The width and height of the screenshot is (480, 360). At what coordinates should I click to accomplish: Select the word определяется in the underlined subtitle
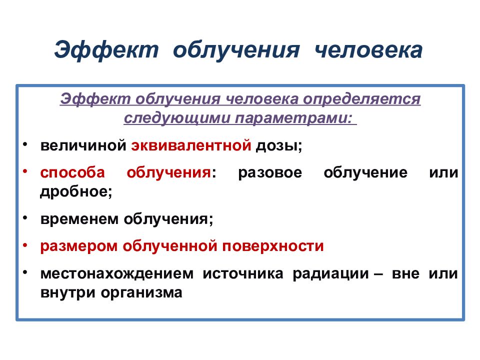click(362, 99)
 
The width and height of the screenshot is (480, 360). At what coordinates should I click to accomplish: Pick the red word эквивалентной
click(191, 146)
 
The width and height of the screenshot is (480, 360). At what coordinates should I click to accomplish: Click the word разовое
click(270, 173)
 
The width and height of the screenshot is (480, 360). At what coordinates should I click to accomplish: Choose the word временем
click(79, 219)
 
